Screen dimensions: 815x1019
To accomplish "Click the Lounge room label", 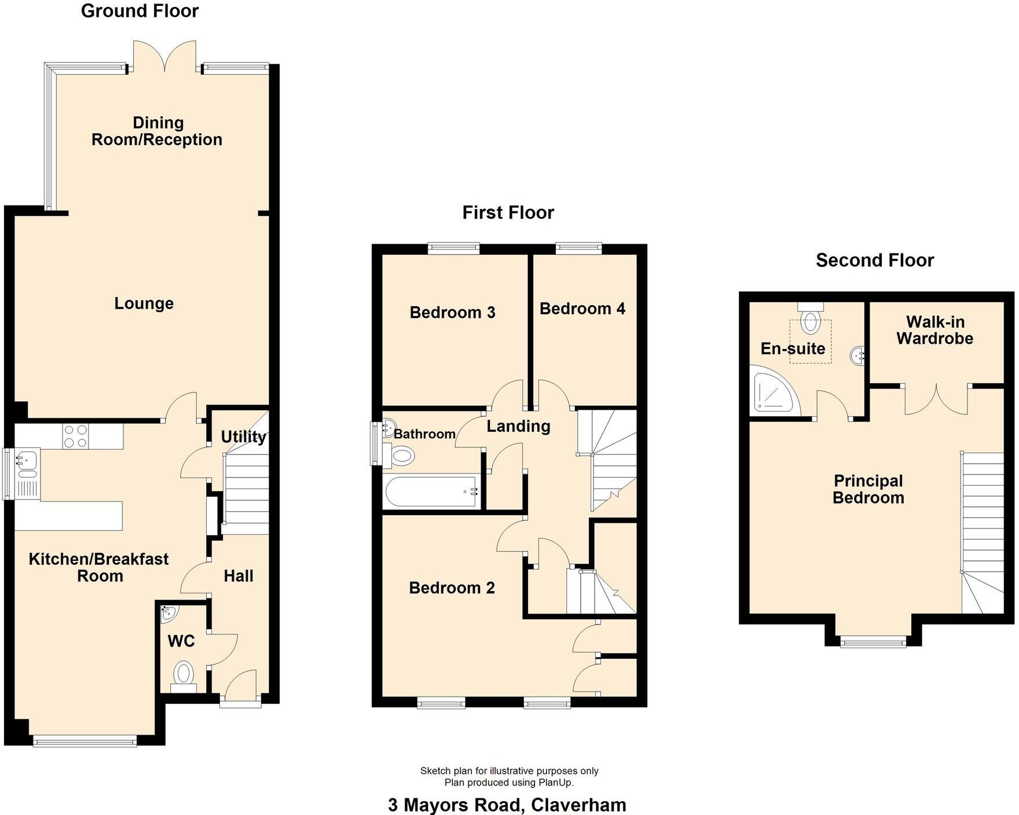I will tap(144, 303).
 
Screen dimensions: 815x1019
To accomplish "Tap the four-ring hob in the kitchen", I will tap(76, 436).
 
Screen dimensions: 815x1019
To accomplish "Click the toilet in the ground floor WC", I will tap(184, 674).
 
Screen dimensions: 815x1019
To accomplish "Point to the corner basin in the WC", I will tap(168, 612).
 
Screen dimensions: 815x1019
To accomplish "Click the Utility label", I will tap(243, 436).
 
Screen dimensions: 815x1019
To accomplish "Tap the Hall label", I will tap(239, 576).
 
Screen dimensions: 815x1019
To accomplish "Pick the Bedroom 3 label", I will tap(452, 313).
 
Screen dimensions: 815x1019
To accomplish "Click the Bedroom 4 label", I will tap(582, 309).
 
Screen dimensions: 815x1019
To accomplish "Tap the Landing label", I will tap(518, 427).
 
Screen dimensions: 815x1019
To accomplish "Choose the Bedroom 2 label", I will tap(452, 588).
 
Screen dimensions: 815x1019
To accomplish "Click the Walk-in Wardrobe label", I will tap(934, 330).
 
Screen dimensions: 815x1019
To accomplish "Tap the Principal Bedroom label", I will tap(868, 489).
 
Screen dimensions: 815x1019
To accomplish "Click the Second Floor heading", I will tap(874, 260).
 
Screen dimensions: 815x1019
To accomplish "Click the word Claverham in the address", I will tap(578, 805).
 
